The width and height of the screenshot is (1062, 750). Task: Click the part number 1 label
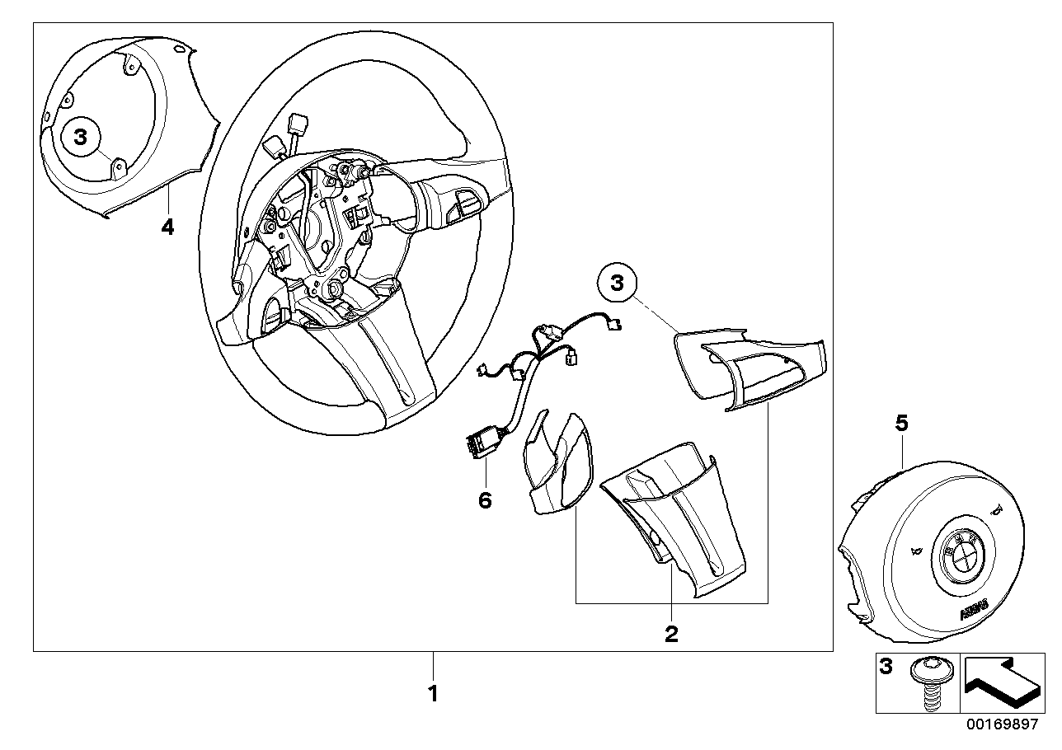[433, 694]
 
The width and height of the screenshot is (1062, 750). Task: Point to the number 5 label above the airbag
[901, 424]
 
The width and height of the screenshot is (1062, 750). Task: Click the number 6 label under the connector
[485, 499]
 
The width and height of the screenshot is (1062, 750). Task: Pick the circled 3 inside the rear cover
[81, 138]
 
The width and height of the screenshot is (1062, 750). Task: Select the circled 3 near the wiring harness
[617, 284]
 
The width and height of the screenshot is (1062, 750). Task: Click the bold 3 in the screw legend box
[886, 667]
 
